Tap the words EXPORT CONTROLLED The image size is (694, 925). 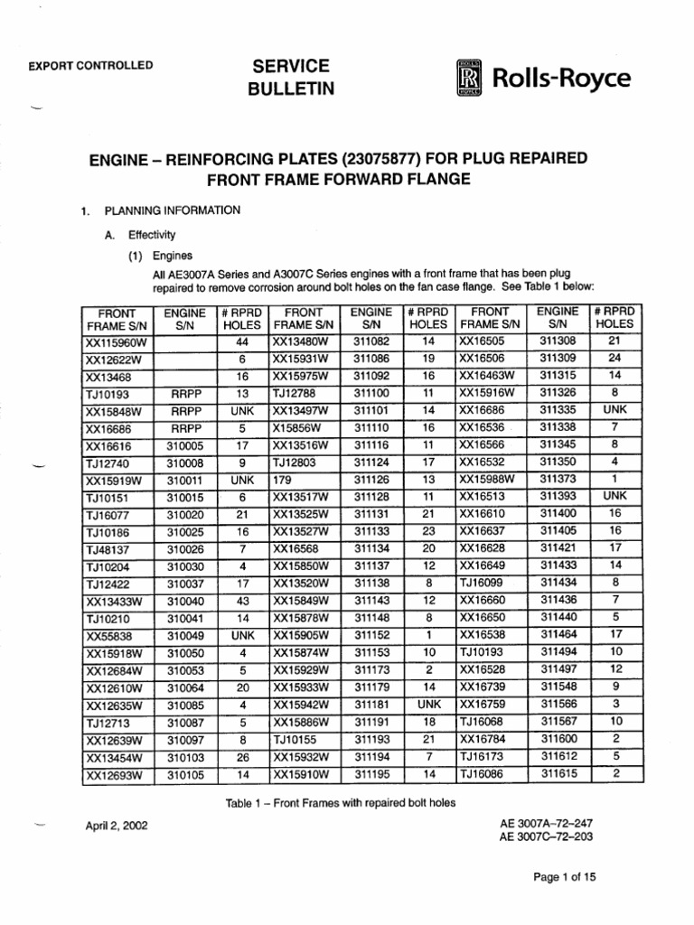[x=90, y=65]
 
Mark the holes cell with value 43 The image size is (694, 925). [x=241, y=601]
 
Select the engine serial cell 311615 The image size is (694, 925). [x=558, y=774]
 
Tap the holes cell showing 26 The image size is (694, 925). [x=241, y=757]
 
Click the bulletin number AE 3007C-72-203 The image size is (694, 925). [x=548, y=837]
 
